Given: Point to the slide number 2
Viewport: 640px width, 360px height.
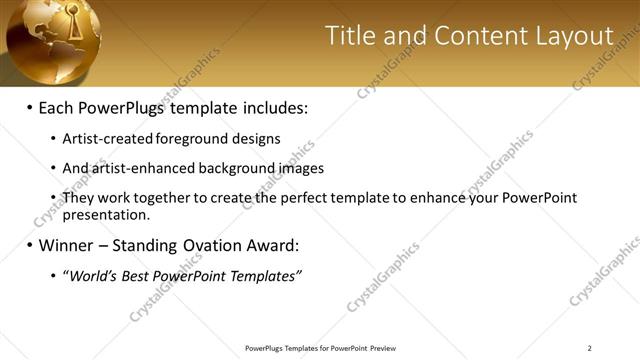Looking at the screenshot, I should [589, 348].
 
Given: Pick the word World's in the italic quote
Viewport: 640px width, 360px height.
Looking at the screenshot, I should [92, 275].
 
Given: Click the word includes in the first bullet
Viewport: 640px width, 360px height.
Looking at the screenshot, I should [272, 107].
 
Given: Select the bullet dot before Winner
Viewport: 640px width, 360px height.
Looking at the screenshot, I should [29, 245].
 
